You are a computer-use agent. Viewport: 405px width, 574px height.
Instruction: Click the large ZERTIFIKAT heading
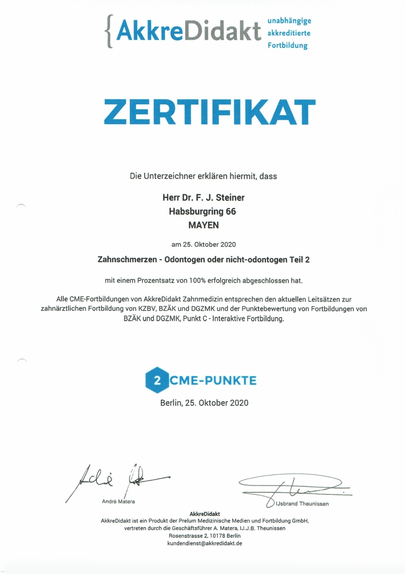(x=209, y=111)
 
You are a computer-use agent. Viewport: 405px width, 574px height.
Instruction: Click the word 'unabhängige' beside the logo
(x=289, y=21)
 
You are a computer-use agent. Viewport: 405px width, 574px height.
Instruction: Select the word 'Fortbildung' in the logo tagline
(x=288, y=46)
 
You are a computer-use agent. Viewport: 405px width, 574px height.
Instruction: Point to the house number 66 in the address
(x=231, y=211)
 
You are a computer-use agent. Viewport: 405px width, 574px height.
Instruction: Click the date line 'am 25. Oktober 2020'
(x=203, y=244)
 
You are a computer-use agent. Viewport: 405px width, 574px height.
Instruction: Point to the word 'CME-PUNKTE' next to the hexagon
(x=213, y=381)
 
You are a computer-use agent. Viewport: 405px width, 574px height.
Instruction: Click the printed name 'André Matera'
(x=118, y=501)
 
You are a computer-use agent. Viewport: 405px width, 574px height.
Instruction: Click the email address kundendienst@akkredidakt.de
(x=204, y=543)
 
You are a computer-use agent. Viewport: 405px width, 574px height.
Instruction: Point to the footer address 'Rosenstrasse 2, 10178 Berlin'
(x=204, y=535)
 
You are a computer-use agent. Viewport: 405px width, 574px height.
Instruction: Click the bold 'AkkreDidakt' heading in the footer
(x=204, y=514)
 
